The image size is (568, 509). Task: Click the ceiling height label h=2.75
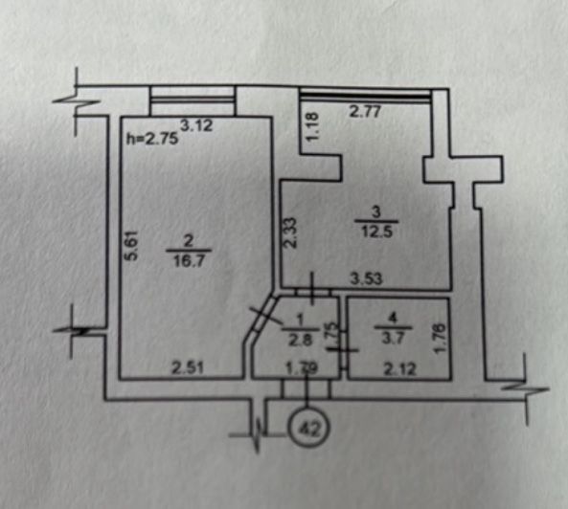pyautogui.click(x=152, y=139)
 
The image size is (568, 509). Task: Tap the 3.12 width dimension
pyautogui.click(x=196, y=126)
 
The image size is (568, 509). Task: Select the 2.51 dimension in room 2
pyautogui.click(x=188, y=368)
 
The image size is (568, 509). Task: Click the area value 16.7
pyautogui.click(x=189, y=261)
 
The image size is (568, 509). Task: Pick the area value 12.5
pyautogui.click(x=376, y=232)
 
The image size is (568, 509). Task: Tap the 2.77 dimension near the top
pyautogui.click(x=365, y=111)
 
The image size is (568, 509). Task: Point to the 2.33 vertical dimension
pyautogui.click(x=290, y=232)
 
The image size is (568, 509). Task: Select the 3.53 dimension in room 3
pyautogui.click(x=366, y=279)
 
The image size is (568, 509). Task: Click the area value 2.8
pyautogui.click(x=300, y=340)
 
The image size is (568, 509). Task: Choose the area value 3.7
pyautogui.click(x=393, y=339)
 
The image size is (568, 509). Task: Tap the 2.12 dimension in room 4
pyautogui.click(x=400, y=369)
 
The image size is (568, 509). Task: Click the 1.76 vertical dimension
pyautogui.click(x=439, y=338)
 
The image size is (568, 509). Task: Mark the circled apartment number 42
pyautogui.click(x=309, y=428)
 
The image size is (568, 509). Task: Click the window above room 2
pyautogui.click(x=193, y=100)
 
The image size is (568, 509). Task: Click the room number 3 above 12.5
pyautogui.click(x=376, y=211)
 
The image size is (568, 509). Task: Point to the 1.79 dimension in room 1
pyautogui.click(x=302, y=368)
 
